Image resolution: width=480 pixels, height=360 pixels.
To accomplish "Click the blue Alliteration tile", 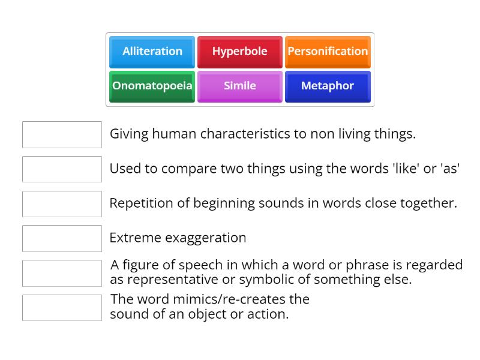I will pyautogui.click(x=152, y=52).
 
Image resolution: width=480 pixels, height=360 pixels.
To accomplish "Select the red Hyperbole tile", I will pyautogui.click(x=239, y=52).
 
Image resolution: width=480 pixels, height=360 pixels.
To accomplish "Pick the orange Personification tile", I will pyautogui.click(x=328, y=52).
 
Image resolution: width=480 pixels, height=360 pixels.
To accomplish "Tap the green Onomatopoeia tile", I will pyautogui.click(x=152, y=86).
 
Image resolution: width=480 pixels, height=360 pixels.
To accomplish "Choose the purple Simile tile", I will pyautogui.click(x=239, y=86).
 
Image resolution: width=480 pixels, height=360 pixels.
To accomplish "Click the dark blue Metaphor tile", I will pyautogui.click(x=328, y=86).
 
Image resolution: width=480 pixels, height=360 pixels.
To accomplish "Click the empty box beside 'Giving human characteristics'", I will pyautogui.click(x=62, y=134).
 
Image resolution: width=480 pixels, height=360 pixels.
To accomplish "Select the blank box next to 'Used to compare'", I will pyautogui.click(x=62, y=169).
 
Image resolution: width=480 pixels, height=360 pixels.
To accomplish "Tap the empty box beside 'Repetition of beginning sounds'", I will pyautogui.click(x=62, y=203).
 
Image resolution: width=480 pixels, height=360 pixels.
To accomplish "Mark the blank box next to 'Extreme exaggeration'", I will pyautogui.click(x=62, y=238).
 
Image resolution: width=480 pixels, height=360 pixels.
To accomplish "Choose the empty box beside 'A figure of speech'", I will pyautogui.click(x=62, y=273).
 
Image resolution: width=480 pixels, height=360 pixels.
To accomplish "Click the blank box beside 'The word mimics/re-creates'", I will pyautogui.click(x=62, y=307).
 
